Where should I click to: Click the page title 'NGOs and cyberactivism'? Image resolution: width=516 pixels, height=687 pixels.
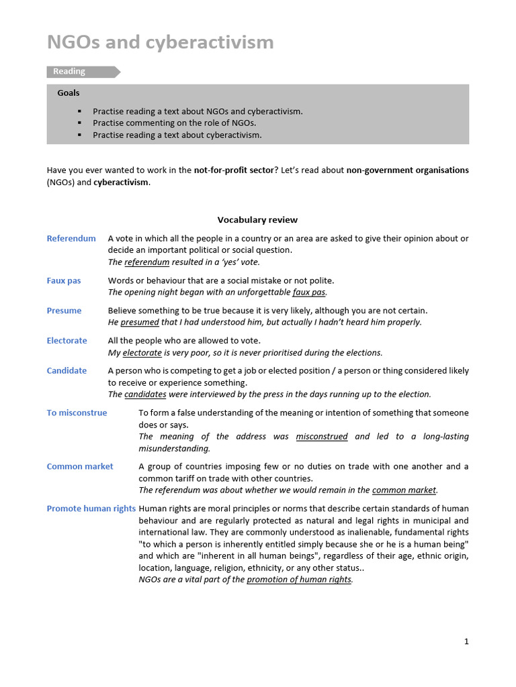tap(160, 42)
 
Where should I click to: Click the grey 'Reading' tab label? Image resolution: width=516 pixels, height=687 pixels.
tap(69, 72)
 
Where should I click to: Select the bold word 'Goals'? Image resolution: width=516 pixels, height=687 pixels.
tap(69, 93)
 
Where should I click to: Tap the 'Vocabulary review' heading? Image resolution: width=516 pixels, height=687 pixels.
tap(257, 220)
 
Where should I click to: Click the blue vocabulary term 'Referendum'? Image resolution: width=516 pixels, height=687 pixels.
tap(71, 238)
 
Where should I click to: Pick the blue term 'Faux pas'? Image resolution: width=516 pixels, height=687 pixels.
tap(64, 280)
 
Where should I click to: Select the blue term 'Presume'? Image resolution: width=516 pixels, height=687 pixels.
tap(64, 311)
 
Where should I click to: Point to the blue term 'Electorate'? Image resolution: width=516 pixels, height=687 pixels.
tap(67, 341)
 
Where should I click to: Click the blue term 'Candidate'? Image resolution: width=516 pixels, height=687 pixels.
tap(67, 371)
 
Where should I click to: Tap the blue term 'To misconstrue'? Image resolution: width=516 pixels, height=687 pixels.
tap(77, 413)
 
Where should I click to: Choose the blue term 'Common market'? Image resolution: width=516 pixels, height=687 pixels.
tap(80, 467)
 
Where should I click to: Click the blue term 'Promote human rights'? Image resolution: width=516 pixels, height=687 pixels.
tap(91, 509)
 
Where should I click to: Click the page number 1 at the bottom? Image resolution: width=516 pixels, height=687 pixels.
tap(466, 641)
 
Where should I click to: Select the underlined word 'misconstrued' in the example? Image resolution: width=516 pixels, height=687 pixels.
tap(322, 437)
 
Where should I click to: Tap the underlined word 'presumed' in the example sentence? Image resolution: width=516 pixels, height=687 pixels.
tap(140, 323)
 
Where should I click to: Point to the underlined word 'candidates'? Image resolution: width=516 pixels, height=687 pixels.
tap(145, 394)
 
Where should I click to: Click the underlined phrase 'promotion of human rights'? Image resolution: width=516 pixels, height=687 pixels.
tap(299, 580)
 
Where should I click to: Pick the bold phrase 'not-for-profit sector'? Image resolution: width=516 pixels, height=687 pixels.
tap(234, 170)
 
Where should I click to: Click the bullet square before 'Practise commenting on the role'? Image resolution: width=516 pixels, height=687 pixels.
tap(79, 123)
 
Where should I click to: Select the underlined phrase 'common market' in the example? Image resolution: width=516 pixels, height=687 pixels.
tap(404, 490)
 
